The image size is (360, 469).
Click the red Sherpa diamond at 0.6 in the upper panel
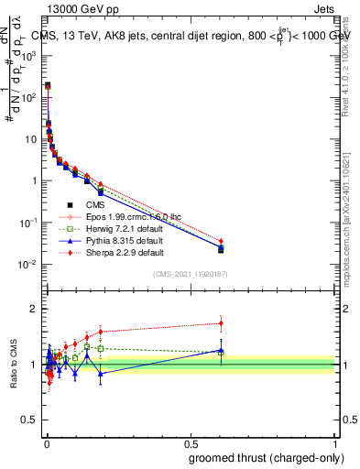(x=221, y=241)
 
